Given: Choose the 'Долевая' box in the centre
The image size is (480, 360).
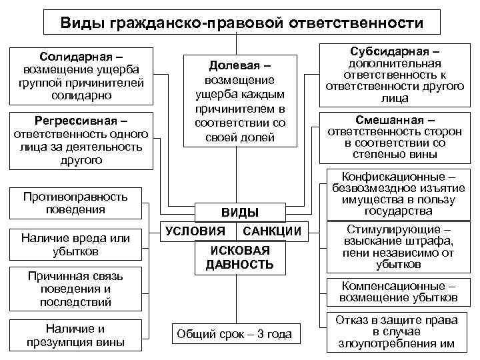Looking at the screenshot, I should tap(239, 99).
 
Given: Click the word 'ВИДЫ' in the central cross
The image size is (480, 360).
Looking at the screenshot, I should tap(239, 213).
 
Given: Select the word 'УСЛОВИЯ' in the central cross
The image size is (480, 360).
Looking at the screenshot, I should tap(195, 231).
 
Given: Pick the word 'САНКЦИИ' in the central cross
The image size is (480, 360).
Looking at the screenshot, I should tap(273, 231).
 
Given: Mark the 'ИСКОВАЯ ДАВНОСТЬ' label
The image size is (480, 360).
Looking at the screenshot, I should tap(240, 257).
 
